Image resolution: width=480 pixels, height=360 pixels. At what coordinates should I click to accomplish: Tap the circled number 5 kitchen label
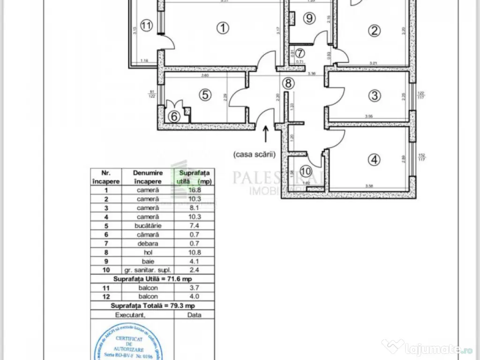204,95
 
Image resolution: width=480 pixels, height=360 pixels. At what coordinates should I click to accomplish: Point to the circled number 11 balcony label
147,26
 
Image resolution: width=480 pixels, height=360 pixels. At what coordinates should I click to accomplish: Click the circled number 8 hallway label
288,83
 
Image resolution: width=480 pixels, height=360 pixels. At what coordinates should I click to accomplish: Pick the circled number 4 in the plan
373,160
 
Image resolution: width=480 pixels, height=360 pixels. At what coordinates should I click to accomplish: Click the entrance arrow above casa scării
266,134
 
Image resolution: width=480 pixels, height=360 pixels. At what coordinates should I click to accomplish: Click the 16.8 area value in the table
194,190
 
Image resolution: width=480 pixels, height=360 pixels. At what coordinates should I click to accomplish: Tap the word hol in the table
148,252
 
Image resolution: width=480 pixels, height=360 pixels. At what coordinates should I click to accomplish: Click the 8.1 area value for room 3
194,208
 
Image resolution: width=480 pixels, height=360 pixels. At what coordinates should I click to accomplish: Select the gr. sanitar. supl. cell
148,270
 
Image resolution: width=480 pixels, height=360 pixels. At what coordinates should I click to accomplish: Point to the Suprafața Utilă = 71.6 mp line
152,279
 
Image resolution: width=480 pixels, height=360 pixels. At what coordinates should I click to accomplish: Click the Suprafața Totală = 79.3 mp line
152,306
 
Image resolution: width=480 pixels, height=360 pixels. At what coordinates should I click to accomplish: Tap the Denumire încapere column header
148,177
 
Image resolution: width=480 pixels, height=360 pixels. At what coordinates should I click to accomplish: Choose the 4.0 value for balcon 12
194,297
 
